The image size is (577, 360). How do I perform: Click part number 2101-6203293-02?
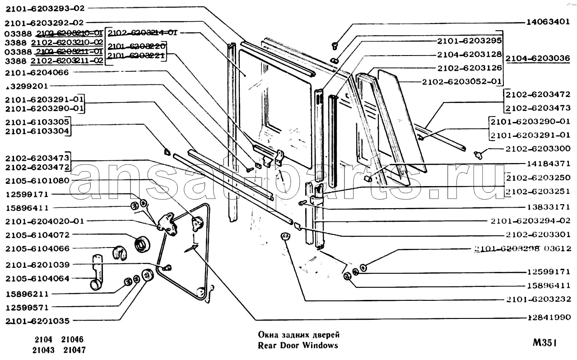[x=45, y=8]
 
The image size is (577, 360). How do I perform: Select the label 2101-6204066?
[x=37, y=72]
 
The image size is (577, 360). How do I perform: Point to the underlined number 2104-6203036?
[x=537, y=59]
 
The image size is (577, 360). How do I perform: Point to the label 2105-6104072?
[x=37, y=235]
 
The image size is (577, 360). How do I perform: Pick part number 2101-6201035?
[x=37, y=321]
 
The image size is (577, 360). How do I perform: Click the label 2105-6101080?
[x=37, y=181]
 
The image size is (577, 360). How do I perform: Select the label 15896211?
[x=28, y=294]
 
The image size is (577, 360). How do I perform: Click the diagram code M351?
[x=544, y=343]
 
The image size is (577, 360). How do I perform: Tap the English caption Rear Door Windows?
[x=298, y=346]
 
